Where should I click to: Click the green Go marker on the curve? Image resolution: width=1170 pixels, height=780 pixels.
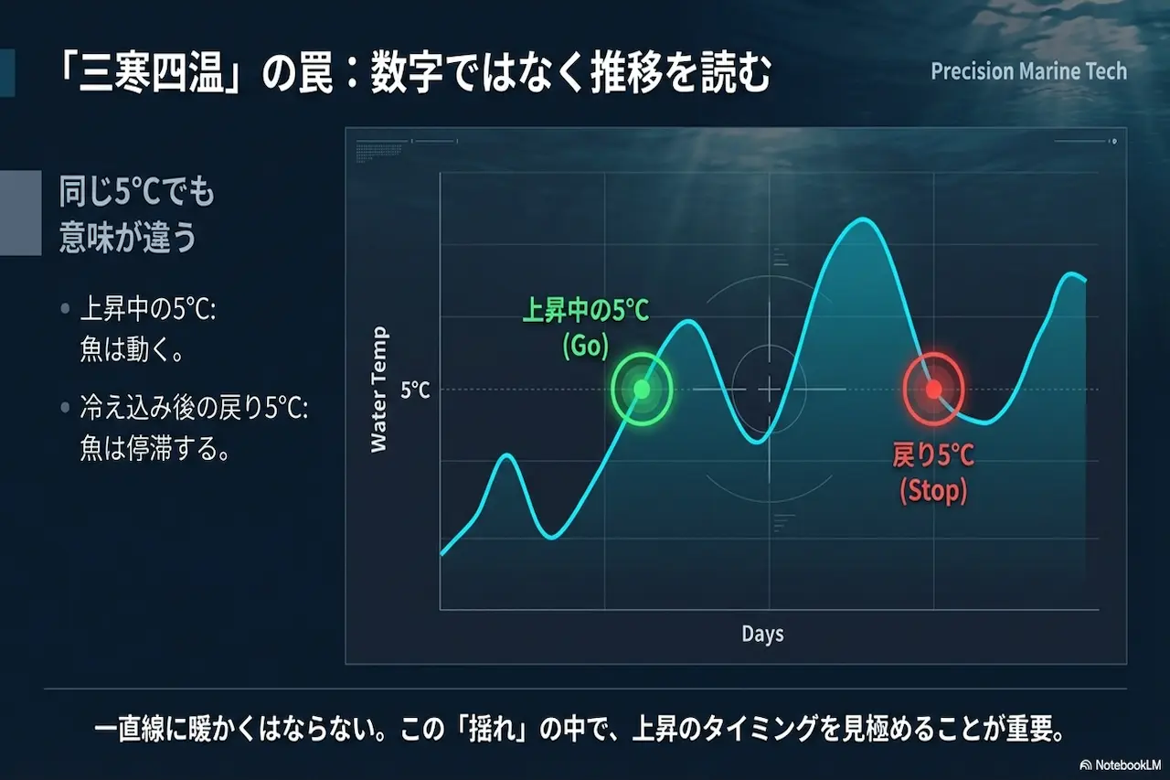tap(642, 390)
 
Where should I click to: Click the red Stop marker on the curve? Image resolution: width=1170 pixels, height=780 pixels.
tap(933, 390)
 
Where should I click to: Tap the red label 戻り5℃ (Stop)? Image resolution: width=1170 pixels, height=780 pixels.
tap(933, 472)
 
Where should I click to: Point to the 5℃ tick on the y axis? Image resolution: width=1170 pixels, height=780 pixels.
tap(415, 390)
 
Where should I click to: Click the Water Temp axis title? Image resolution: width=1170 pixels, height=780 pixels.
tap(379, 390)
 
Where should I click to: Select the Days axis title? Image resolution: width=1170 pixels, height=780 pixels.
tap(762, 634)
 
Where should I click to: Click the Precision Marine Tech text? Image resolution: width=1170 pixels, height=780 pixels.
tap(1028, 71)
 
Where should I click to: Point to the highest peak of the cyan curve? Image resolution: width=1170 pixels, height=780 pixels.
tap(860, 219)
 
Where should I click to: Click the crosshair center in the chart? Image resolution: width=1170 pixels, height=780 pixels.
tap(769, 390)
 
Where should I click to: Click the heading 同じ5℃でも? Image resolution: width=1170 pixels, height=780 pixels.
tap(137, 194)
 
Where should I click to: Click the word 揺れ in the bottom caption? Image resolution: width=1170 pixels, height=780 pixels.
tap(497, 732)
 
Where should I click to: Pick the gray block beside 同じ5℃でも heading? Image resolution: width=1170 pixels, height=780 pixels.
tap(20, 212)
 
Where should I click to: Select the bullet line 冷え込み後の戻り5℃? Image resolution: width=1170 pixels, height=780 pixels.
tap(194, 411)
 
